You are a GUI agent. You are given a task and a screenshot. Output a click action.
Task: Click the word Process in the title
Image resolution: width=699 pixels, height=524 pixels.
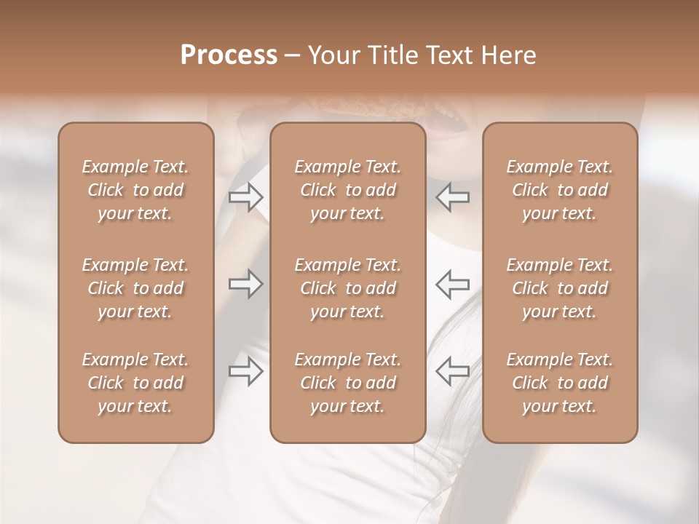click(x=229, y=55)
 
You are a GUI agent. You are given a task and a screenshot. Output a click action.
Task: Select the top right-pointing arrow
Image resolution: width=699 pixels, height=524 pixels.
click(x=246, y=196)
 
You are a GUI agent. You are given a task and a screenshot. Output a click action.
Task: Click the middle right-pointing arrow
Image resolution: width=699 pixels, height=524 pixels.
click(x=246, y=284)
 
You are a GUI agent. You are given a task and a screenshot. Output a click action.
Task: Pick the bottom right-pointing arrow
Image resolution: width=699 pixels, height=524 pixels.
click(x=246, y=371)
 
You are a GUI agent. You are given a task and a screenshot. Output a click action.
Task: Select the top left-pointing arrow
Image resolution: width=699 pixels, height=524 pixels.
click(x=453, y=196)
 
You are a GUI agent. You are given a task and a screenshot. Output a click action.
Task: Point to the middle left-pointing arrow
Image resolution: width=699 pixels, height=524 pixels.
click(x=453, y=284)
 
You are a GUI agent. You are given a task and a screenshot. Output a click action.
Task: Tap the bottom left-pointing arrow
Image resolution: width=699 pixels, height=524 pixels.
click(x=453, y=371)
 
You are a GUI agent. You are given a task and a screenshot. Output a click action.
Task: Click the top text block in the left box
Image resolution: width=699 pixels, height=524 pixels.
click(x=135, y=190)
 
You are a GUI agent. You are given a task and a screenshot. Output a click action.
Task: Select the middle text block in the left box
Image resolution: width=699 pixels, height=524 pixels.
click(x=135, y=288)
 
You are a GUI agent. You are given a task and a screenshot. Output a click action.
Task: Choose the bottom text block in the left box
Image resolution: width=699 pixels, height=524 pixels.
click(x=135, y=383)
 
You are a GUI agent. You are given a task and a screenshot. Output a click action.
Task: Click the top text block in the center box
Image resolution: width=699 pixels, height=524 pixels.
click(x=348, y=190)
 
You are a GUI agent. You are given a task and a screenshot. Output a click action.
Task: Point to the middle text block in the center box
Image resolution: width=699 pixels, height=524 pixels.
click(x=348, y=288)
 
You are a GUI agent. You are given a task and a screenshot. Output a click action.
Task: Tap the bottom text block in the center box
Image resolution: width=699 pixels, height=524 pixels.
click(x=348, y=383)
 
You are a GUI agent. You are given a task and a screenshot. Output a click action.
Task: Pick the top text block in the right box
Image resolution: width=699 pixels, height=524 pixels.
click(x=560, y=190)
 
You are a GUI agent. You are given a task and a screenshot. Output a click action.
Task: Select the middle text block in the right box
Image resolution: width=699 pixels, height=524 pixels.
click(x=560, y=288)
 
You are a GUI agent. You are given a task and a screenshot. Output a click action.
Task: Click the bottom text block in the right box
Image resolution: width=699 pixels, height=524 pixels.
click(x=560, y=383)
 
